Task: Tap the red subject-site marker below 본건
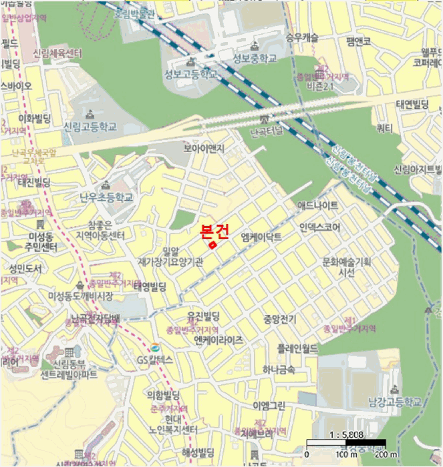pyautogui.click(x=212, y=246)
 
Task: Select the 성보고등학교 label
pyautogui.click(x=190, y=75)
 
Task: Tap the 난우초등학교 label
pyautogui.click(x=106, y=197)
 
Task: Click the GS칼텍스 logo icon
pyautogui.click(x=155, y=348)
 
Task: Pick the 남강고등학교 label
pyautogui.click(x=395, y=402)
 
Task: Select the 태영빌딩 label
pyautogui.click(x=150, y=287)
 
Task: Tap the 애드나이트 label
pyautogui.click(x=317, y=205)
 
